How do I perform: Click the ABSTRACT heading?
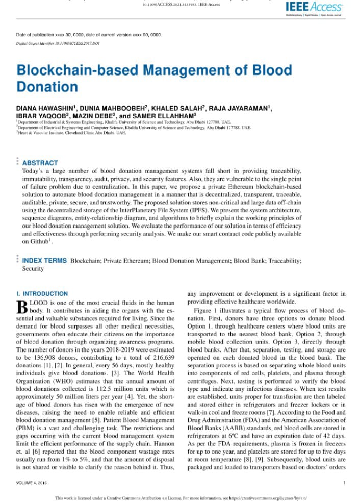click(x=40, y=163)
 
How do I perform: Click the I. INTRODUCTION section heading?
click(x=42, y=294)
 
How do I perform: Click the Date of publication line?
click(x=89, y=34)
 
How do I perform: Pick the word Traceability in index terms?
click(x=283, y=261)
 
